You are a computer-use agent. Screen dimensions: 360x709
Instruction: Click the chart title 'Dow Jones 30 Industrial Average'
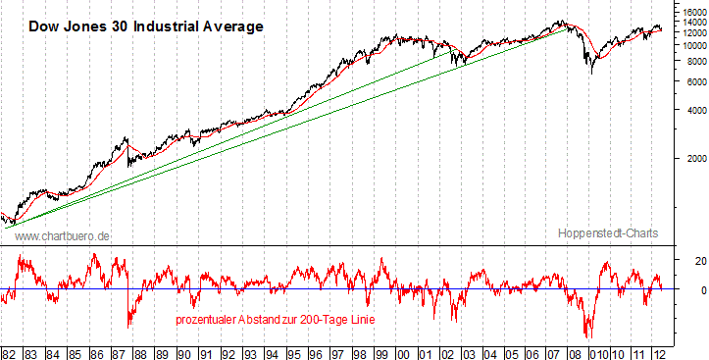(x=146, y=26)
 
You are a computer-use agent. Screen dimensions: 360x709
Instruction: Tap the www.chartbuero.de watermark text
(x=62, y=235)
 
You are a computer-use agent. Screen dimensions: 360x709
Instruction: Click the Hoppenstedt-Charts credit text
(x=607, y=232)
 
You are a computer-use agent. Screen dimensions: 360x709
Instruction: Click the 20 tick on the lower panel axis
(x=675, y=261)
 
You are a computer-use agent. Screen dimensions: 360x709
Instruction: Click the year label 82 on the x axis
(x=10, y=352)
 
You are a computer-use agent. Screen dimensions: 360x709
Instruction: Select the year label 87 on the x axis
(x=119, y=352)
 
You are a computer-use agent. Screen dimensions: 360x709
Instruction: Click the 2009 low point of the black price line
(x=591, y=73)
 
